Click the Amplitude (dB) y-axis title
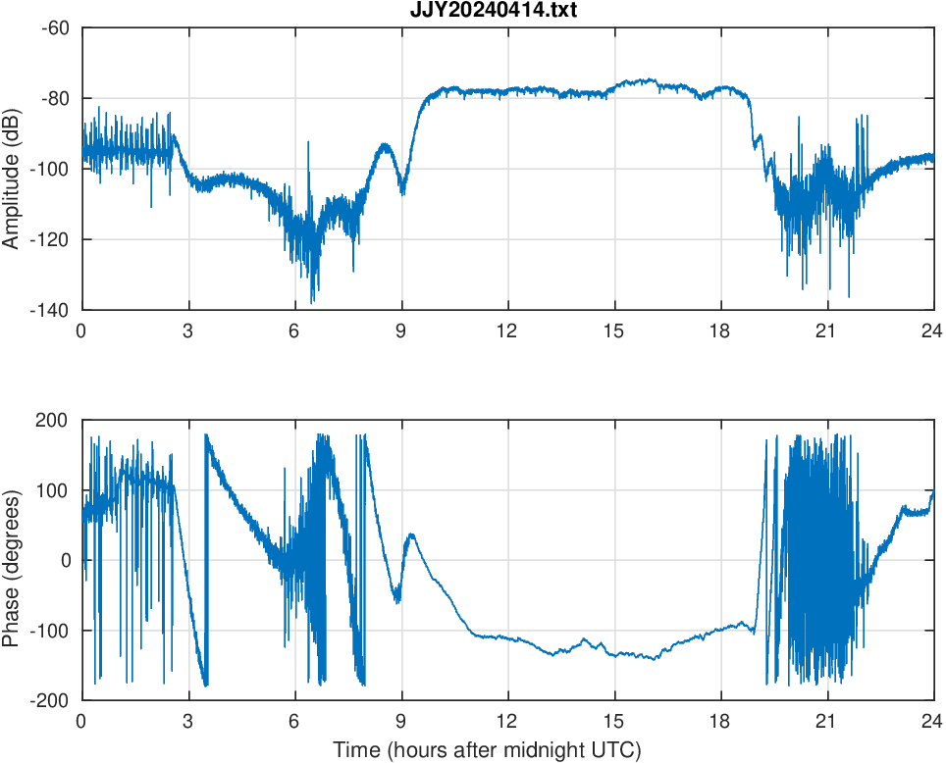click(13, 169)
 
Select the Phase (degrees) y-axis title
click(13, 560)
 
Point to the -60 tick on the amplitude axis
click(55, 27)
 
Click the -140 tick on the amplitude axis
click(51, 310)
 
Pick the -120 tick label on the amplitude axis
click(51, 239)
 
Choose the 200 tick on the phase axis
click(54, 420)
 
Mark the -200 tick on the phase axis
click(51, 700)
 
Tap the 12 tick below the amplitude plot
click(507, 331)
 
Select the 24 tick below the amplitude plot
click(932, 331)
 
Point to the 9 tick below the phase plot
click(401, 722)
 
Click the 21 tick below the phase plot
click(826, 722)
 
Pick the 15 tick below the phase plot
click(613, 722)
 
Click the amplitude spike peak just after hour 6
click(308, 142)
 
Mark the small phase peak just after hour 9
click(411, 534)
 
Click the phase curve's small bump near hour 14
click(585, 639)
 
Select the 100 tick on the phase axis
click(54, 490)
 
